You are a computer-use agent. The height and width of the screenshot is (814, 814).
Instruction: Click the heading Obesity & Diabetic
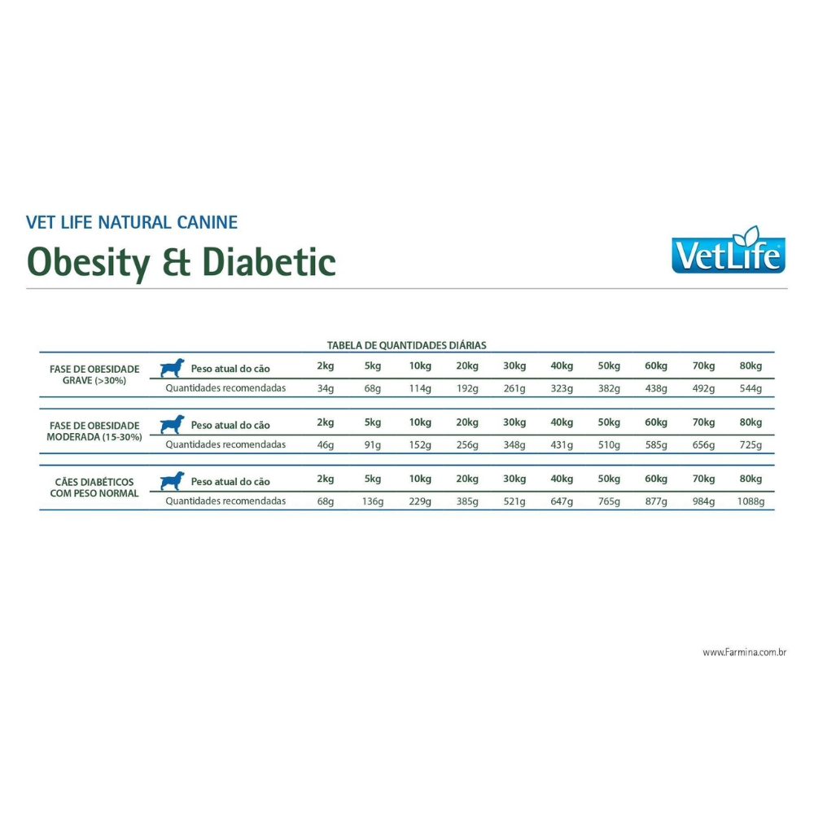182,261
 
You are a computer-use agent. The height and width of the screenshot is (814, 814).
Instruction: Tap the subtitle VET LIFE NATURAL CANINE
132,222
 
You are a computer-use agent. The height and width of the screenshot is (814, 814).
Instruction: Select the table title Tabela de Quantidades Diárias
406,345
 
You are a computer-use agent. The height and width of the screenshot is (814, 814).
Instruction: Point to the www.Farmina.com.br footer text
744,652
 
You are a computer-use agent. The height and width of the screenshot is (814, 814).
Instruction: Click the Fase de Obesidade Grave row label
94,374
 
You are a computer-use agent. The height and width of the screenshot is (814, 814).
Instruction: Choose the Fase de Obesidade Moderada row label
94,431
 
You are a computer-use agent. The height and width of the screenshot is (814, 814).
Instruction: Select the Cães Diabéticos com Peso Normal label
94,487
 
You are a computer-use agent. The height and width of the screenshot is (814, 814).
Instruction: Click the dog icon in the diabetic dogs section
172,480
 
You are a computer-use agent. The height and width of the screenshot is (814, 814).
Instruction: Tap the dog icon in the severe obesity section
172,368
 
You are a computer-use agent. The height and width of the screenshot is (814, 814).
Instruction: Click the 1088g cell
751,501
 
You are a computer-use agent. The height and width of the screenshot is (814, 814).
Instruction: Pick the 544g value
751,388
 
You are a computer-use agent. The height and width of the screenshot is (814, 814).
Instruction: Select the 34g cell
326,388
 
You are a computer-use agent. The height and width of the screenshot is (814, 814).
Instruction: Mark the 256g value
467,445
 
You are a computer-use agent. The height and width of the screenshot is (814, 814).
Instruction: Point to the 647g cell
562,501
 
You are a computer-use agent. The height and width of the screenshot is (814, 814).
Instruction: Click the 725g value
751,445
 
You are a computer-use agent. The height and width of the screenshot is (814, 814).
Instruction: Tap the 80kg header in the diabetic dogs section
751,479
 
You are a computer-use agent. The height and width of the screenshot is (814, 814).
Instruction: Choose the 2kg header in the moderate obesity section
326,422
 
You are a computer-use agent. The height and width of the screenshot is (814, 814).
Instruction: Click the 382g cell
609,388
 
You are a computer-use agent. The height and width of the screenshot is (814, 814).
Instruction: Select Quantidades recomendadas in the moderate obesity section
225,444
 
